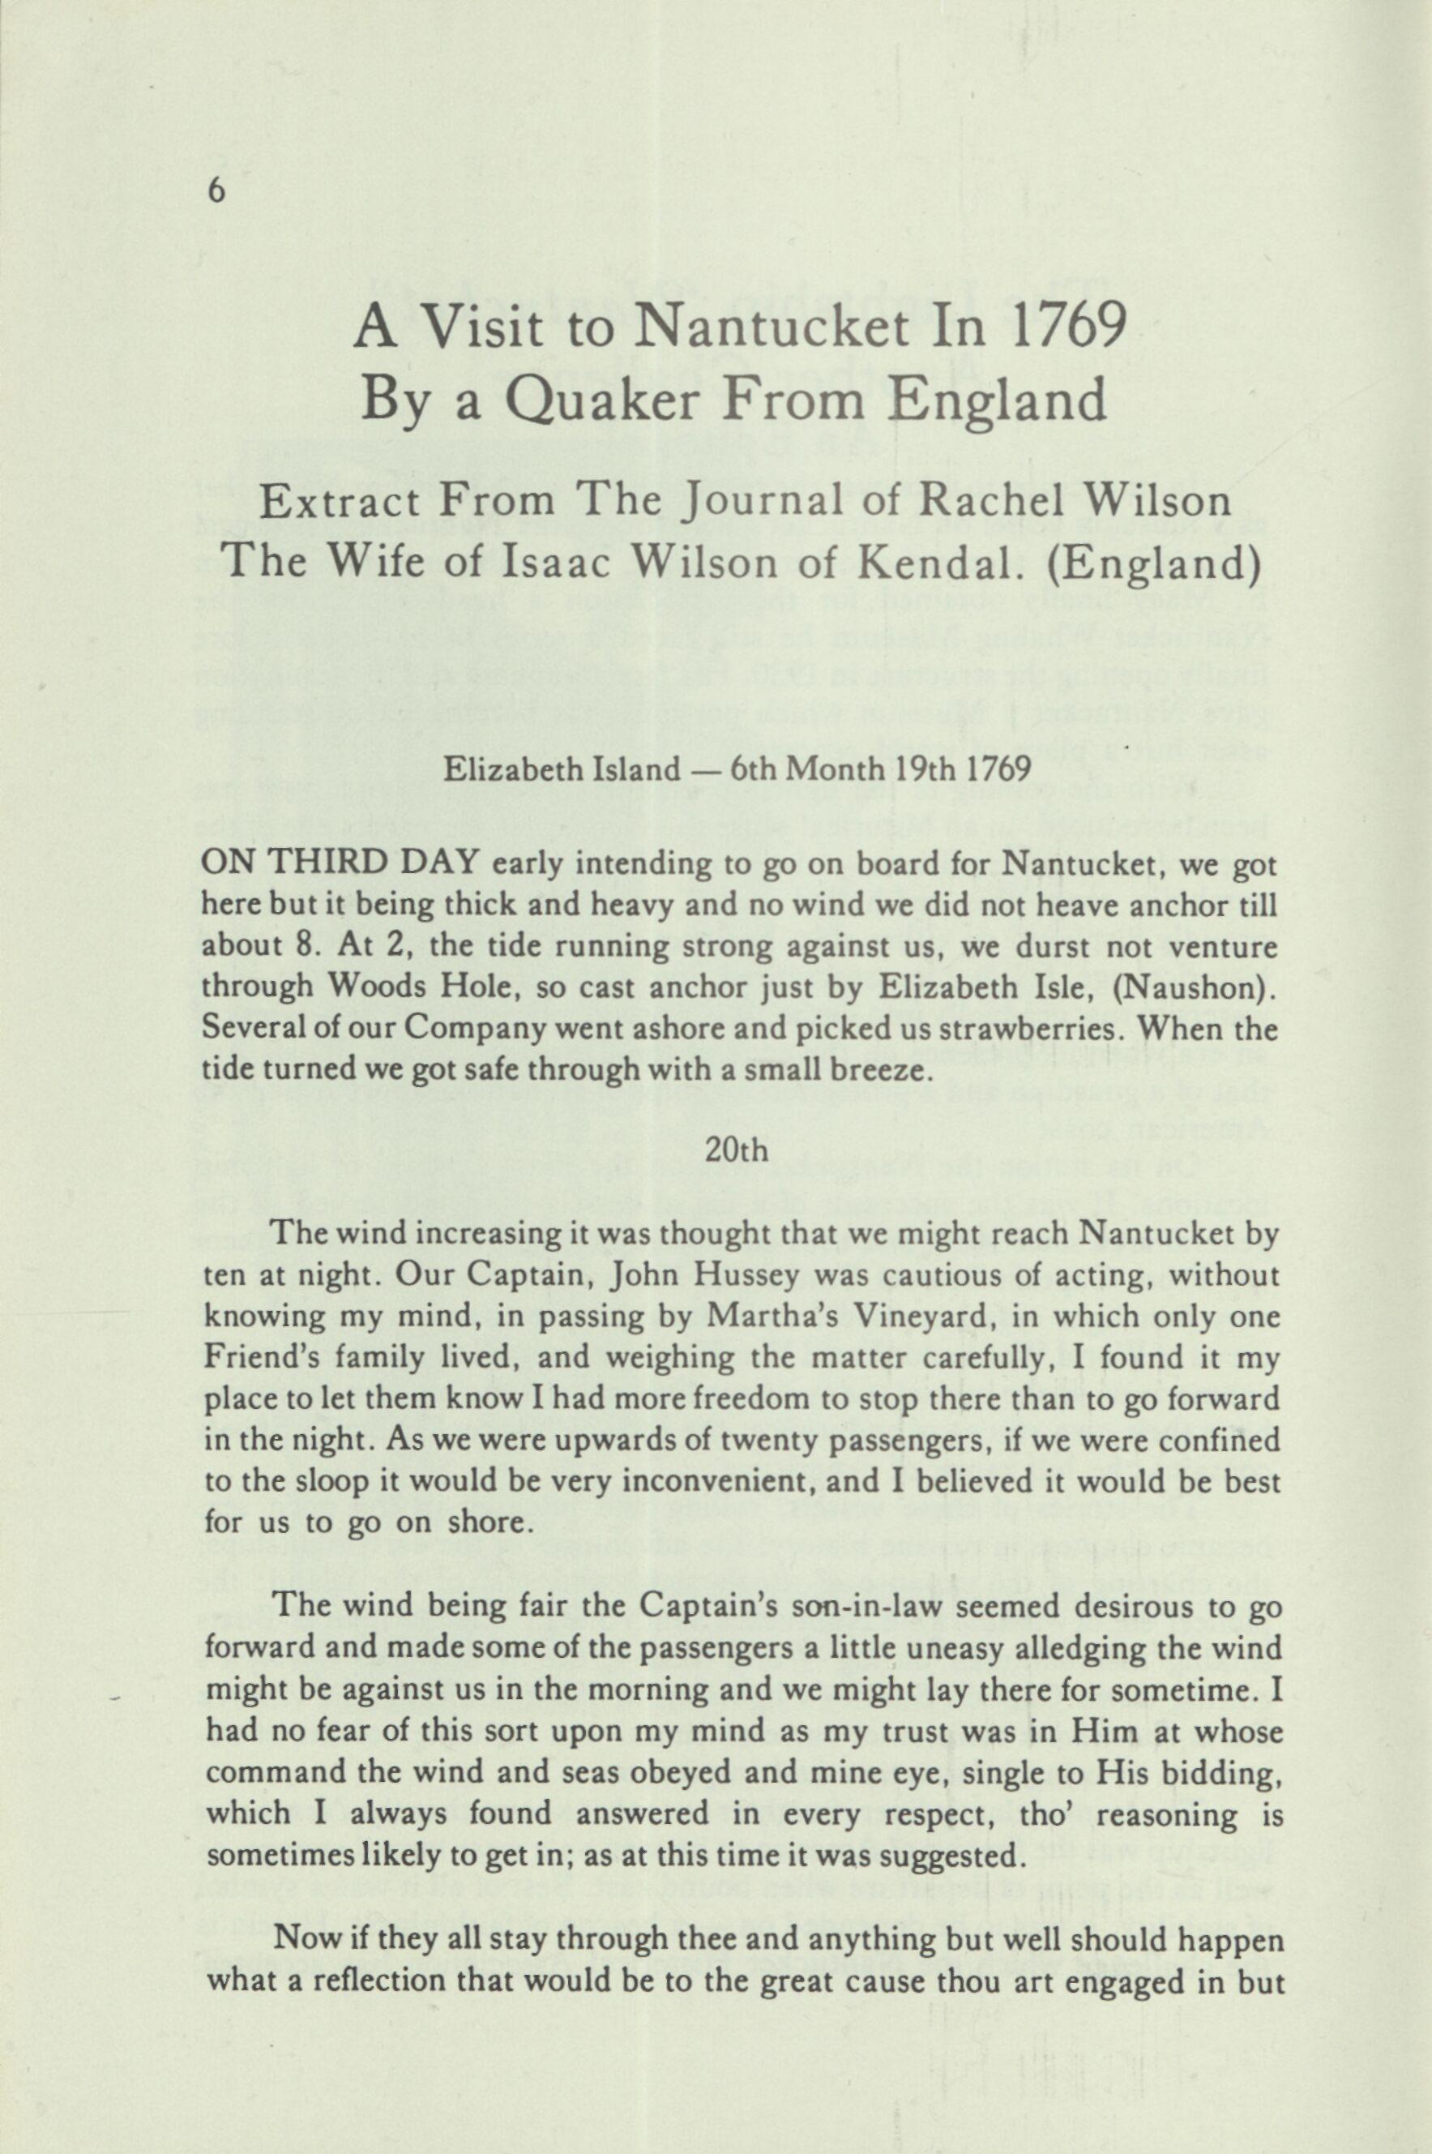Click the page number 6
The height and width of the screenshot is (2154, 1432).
point(216,191)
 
